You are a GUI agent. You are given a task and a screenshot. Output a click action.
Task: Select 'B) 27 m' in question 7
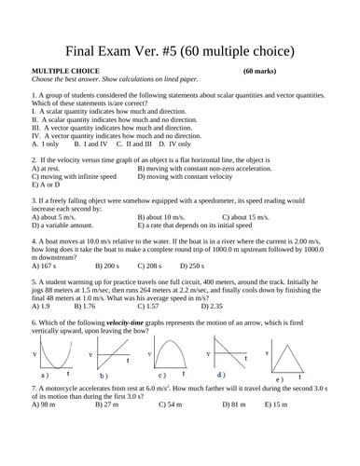(109, 405)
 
